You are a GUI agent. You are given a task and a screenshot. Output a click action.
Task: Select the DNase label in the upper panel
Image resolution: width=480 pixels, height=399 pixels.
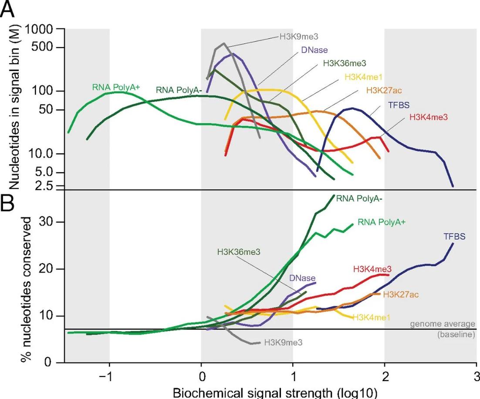tap(314, 50)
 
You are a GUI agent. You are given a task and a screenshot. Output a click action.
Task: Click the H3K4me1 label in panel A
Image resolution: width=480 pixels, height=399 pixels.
tap(363, 77)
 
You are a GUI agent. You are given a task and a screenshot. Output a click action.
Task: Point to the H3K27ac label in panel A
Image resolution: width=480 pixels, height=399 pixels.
tap(384, 91)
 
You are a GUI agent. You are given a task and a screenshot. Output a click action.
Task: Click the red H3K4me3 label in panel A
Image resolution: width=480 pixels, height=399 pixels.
tap(429, 117)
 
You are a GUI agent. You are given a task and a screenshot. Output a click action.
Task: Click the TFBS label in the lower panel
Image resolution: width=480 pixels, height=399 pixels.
tap(455, 237)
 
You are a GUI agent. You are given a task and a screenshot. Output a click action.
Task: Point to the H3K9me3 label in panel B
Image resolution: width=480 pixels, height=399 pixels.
tap(283, 343)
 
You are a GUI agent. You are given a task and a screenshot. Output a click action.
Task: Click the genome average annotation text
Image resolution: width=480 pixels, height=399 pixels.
tap(443, 324)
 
